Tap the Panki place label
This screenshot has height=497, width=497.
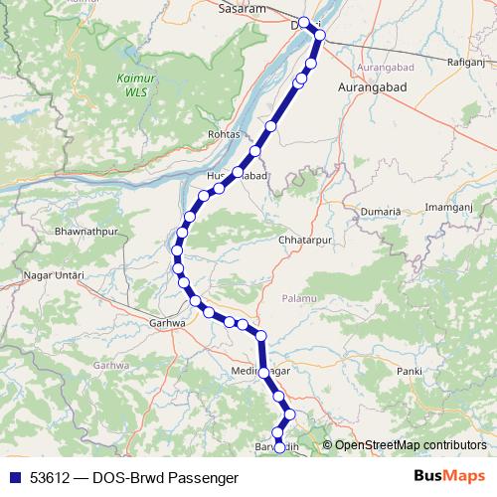(x=409, y=370)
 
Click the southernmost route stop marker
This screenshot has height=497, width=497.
(x=279, y=447)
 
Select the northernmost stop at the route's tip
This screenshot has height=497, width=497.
(x=305, y=22)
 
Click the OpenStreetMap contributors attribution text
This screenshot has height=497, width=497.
(x=411, y=444)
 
